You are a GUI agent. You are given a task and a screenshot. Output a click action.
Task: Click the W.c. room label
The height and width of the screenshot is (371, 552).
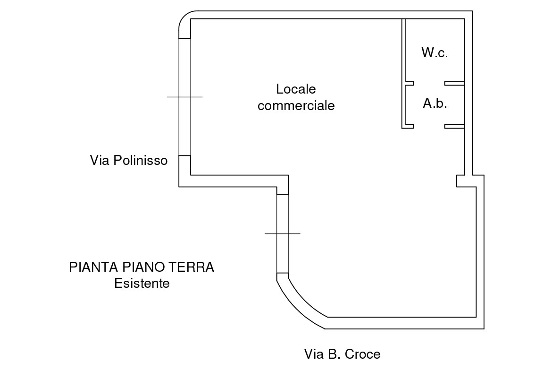click(x=435, y=52)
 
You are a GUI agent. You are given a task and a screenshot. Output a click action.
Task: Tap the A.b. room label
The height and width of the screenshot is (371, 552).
click(x=435, y=104)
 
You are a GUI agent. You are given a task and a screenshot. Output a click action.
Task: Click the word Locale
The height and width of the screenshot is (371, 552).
click(x=296, y=89)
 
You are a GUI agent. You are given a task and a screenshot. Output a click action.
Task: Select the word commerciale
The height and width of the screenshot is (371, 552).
click(x=296, y=105)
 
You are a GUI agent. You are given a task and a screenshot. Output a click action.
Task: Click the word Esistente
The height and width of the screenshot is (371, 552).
click(x=142, y=284)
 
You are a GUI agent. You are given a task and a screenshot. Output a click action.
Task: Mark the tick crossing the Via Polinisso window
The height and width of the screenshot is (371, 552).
click(x=184, y=97)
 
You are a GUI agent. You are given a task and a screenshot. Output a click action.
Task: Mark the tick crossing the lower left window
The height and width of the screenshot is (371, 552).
click(x=282, y=233)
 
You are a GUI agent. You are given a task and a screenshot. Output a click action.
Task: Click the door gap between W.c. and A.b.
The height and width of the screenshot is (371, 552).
click(x=429, y=83)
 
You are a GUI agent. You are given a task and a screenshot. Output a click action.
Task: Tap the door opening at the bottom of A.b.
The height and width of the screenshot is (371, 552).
click(x=429, y=126)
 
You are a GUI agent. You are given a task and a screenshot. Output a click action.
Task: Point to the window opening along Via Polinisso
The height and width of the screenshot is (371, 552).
click(x=184, y=123)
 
